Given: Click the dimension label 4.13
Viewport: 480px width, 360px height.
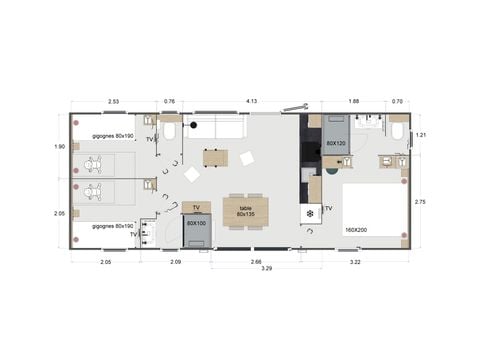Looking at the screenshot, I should [x=252, y=101].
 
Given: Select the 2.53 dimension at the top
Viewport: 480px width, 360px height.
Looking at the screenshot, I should [x=113, y=101].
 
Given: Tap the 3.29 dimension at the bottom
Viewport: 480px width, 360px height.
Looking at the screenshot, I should [x=267, y=268].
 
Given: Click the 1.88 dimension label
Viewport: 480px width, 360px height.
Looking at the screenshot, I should [x=353, y=101].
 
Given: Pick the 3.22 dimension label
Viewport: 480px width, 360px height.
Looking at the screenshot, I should [x=357, y=260].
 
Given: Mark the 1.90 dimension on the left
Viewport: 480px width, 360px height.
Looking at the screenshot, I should [x=59, y=148].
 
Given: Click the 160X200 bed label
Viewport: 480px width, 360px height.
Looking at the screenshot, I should [x=355, y=230].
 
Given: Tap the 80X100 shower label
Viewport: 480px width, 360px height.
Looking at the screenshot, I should [x=195, y=224].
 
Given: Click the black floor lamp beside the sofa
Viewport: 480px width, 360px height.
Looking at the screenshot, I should [x=195, y=126].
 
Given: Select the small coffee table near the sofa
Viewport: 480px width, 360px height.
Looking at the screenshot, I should [x=214, y=157].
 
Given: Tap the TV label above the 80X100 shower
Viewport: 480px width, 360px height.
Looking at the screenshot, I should [x=197, y=208].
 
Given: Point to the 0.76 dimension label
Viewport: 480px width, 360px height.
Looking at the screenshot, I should [x=169, y=101].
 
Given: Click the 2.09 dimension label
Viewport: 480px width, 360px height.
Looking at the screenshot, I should [x=175, y=260].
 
